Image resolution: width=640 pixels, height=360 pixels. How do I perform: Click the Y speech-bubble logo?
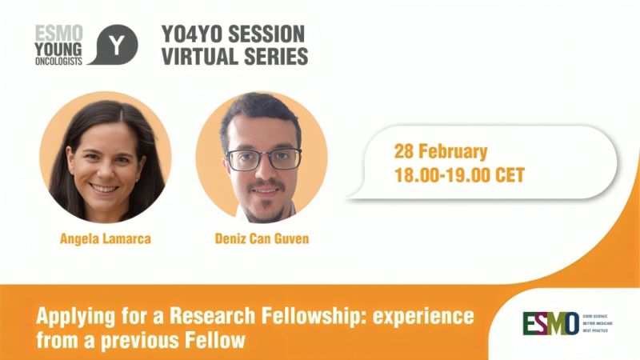114,45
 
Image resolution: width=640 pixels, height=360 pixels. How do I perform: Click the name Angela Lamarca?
104,238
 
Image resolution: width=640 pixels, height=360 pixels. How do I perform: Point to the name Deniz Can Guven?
261,238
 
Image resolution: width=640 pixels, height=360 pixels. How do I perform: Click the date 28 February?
441,150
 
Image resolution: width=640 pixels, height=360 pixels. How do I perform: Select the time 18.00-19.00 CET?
460,174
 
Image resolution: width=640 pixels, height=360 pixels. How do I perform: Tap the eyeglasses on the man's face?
263,158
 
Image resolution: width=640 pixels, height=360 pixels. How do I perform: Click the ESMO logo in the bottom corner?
550,324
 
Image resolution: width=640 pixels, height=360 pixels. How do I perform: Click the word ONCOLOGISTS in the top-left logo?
58,61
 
